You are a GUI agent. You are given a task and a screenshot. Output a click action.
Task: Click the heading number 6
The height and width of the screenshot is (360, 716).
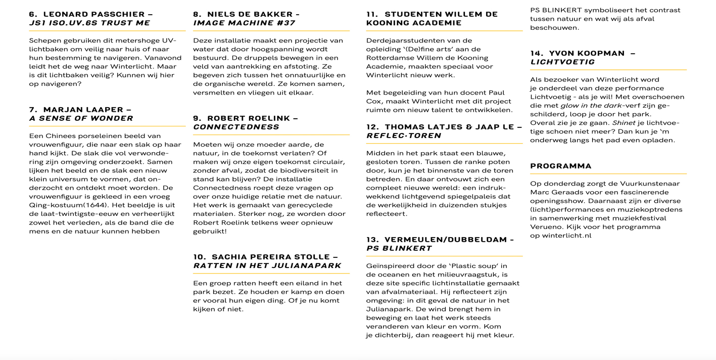(x=33, y=14)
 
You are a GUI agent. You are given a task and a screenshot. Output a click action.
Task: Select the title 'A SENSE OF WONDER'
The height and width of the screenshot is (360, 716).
(x=81, y=118)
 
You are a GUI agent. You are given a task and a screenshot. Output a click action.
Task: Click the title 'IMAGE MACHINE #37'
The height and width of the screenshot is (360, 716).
(x=244, y=23)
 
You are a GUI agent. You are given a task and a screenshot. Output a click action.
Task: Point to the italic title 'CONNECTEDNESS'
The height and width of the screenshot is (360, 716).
(x=236, y=127)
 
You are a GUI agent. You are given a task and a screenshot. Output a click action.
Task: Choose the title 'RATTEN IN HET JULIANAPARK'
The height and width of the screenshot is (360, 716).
(x=267, y=265)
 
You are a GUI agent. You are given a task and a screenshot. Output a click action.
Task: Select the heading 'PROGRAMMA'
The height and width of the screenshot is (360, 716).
(x=560, y=166)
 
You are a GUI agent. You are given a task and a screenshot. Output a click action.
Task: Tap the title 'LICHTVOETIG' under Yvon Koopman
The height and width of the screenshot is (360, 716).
(x=562, y=62)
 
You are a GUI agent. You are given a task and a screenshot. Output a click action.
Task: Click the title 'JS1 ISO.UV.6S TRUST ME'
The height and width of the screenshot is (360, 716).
(x=89, y=23)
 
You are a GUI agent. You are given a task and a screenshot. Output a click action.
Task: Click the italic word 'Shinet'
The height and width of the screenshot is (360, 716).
(x=623, y=123)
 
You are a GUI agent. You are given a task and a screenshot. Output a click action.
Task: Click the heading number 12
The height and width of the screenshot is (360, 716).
(x=372, y=127)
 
